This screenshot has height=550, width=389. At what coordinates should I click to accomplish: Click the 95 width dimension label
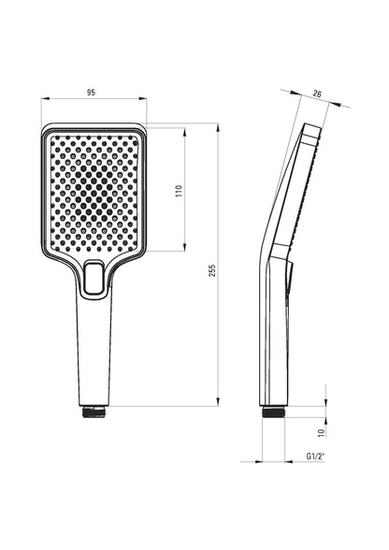(92, 93)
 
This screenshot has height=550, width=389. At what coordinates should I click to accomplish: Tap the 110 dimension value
(180, 191)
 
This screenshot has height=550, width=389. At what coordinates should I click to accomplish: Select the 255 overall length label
(212, 270)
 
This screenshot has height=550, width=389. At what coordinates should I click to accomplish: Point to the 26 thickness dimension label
(317, 94)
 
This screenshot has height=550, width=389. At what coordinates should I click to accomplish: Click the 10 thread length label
(322, 432)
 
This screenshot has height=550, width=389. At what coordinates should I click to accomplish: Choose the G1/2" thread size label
(315, 456)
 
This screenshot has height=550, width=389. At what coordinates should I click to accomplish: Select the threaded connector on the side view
(274, 412)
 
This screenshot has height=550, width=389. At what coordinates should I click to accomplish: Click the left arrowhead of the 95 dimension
(46, 99)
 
